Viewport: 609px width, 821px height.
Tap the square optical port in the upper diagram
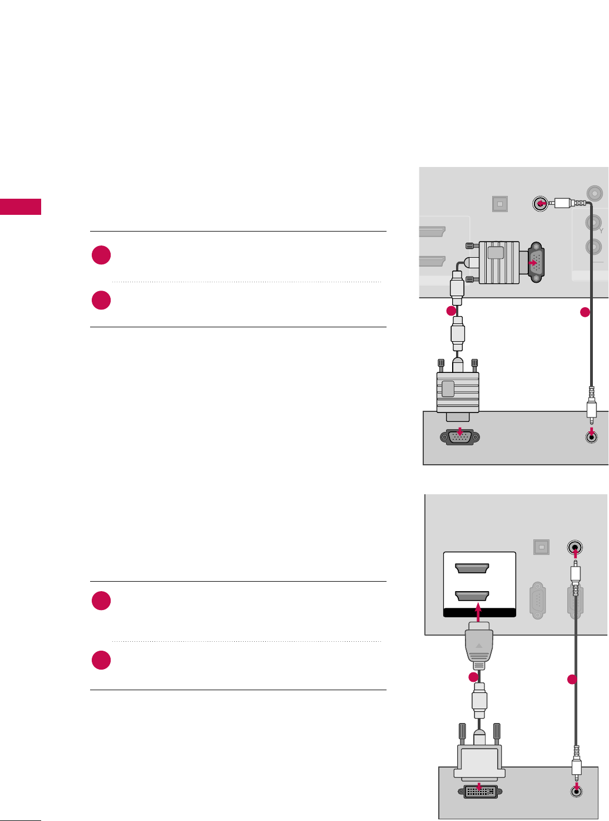point(500,204)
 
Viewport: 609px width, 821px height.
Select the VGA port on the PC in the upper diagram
point(459,437)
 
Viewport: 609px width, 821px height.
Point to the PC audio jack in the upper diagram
point(592,437)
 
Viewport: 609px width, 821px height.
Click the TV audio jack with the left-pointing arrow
point(539,204)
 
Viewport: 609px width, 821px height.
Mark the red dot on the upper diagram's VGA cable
point(452,311)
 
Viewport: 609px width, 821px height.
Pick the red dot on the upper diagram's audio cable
point(585,312)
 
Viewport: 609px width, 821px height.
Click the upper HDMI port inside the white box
point(472,568)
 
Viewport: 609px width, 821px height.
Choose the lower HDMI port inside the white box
point(472,596)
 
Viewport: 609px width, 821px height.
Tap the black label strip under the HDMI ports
point(479,613)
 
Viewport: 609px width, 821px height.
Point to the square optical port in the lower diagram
point(541,547)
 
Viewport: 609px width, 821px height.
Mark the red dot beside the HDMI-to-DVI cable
point(473,677)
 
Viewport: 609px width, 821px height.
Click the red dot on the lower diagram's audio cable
point(571,679)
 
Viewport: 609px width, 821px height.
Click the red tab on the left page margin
point(21,207)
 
